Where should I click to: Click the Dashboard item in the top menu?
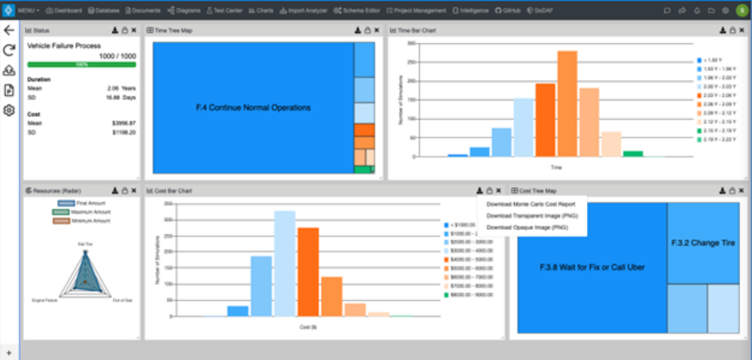65,10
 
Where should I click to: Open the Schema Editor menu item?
357,10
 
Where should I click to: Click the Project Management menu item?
417,10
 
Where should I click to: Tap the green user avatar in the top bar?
741,10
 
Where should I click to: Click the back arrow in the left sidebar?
9,30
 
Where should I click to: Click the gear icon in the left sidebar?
9,110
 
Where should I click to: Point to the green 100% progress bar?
81,65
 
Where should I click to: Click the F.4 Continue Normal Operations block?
253,107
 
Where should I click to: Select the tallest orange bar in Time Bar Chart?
567,103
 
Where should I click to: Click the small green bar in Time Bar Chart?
632,153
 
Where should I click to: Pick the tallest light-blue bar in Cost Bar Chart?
284,263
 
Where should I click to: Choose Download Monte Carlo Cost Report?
530,204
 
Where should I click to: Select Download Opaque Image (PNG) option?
527,227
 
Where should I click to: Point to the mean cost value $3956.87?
124,123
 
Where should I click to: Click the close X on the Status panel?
133,30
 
